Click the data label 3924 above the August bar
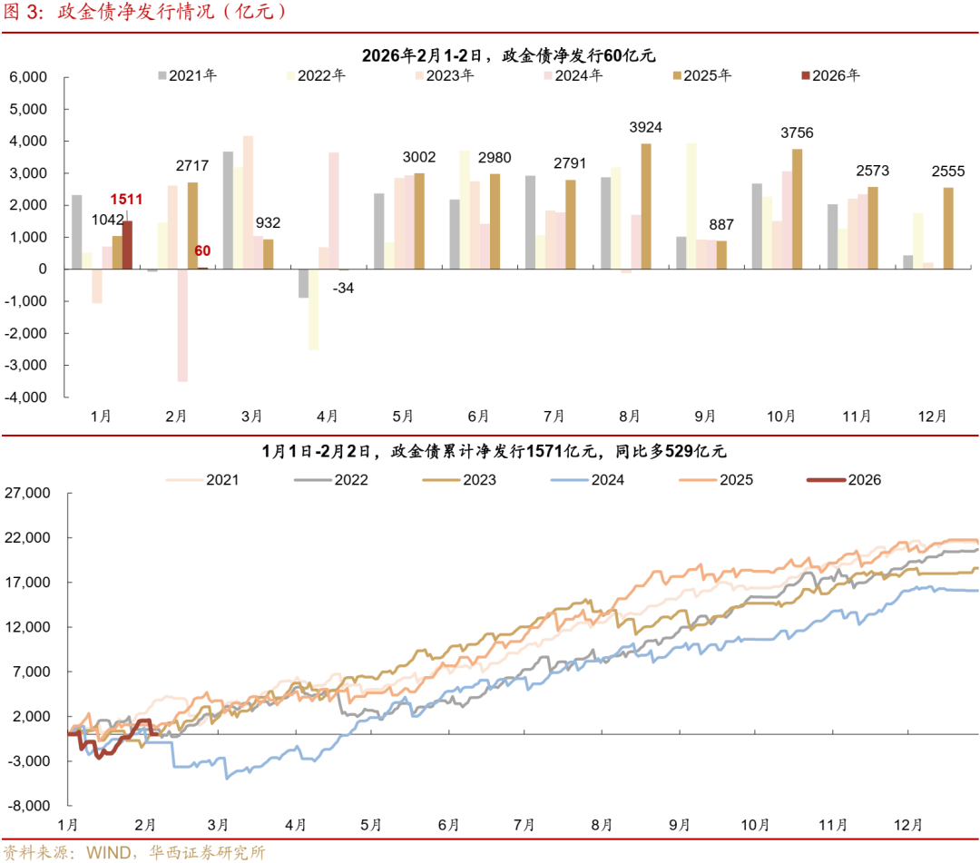[x=645, y=127]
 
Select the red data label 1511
[x=126, y=199]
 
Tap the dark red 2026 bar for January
[x=128, y=245]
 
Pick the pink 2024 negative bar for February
[x=182, y=325]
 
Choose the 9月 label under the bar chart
[x=704, y=417]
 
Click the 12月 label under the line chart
[x=907, y=825]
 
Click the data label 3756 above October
[x=797, y=133]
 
